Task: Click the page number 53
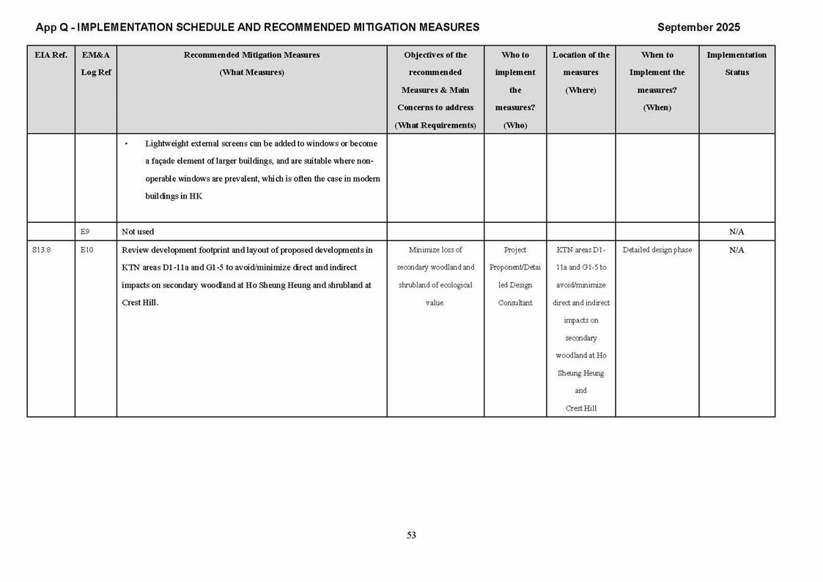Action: pos(411,535)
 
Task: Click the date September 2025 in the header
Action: pos(698,27)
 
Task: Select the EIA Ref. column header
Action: pos(51,55)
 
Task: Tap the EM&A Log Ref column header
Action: pos(96,64)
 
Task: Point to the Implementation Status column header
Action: pos(737,64)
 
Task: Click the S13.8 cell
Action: pos(41,250)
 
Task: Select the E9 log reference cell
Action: pos(85,232)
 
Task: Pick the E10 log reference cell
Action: pos(86,250)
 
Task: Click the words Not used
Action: pos(138,232)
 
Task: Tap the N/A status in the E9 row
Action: pos(737,232)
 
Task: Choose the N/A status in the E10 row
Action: pos(737,250)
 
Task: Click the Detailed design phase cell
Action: pos(657,250)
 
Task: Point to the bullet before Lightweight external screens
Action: pos(126,144)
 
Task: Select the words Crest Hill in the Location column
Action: pos(581,408)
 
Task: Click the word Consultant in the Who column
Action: pos(515,303)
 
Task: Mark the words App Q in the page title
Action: pos(51,27)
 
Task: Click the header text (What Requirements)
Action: pos(435,125)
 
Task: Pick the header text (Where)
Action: pos(580,90)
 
